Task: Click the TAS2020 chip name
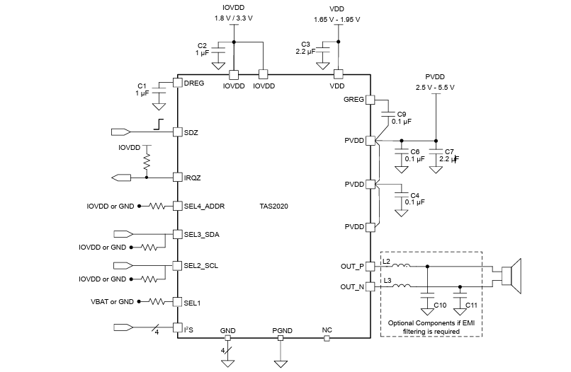point(273,207)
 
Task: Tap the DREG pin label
point(194,83)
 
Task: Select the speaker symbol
point(511,277)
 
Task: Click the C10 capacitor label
point(440,305)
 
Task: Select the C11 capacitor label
point(473,305)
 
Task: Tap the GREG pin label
point(353,100)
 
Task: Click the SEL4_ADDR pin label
point(204,207)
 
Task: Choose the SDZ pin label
point(191,132)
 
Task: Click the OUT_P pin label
point(351,267)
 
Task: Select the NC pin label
point(327,330)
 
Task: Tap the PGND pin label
point(281,330)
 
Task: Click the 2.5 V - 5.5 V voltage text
point(435,87)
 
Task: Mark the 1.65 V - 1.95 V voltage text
point(338,20)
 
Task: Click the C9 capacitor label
point(401,113)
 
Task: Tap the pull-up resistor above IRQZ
point(147,163)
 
